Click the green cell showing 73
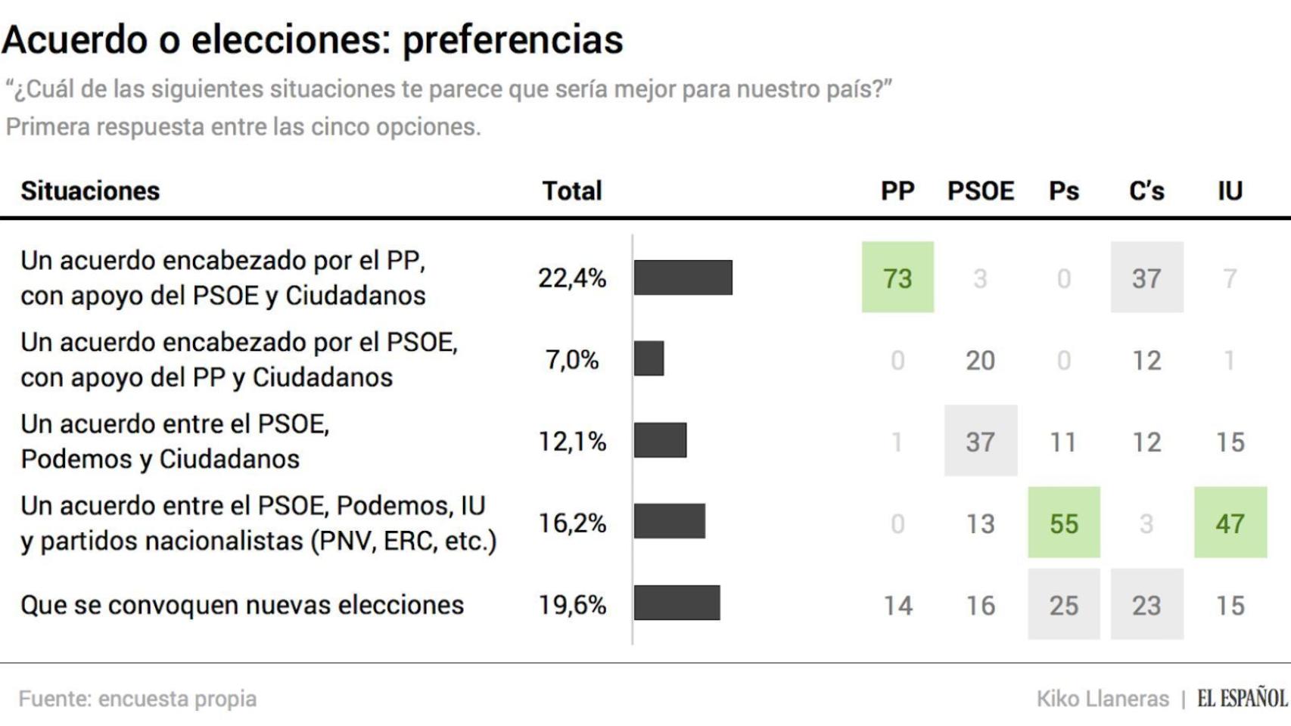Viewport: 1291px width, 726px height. (x=897, y=278)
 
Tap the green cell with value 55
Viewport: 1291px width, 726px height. (x=1063, y=523)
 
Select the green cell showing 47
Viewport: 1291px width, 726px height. (x=1230, y=523)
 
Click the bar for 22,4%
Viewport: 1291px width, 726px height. (x=683, y=278)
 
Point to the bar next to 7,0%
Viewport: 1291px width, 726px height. (x=649, y=358)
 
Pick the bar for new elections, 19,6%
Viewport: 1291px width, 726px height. (x=677, y=603)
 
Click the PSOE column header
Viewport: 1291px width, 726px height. (x=980, y=191)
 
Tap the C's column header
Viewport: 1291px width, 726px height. (x=1146, y=191)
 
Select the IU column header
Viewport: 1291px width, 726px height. (x=1230, y=191)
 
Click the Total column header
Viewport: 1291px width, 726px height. (x=571, y=191)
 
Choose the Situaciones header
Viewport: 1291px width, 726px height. (x=90, y=191)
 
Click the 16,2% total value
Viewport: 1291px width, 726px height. (x=572, y=523)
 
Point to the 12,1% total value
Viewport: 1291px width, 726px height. (x=572, y=441)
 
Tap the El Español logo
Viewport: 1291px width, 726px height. (x=1242, y=698)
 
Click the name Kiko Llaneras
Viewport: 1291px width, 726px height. (x=1102, y=699)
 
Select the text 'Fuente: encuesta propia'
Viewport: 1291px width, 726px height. (x=138, y=699)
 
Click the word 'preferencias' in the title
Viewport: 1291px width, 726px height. (x=512, y=40)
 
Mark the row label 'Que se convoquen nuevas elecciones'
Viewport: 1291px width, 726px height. (x=242, y=605)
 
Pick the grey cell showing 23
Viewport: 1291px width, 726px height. (x=1146, y=604)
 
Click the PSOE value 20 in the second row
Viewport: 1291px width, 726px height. (x=980, y=360)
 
